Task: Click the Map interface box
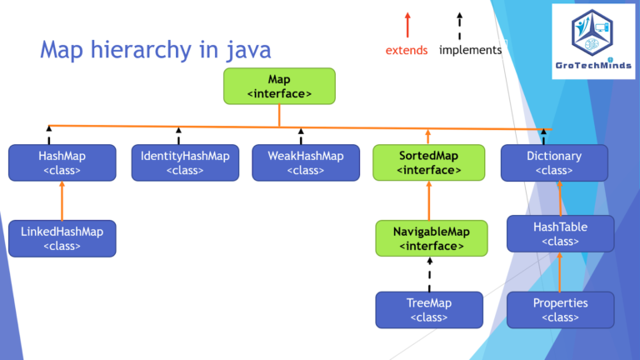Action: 279,87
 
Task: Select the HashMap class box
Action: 62,162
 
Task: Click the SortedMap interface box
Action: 428,162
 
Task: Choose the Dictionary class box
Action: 554,162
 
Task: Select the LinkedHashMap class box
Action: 62,238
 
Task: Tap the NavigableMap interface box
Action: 429,238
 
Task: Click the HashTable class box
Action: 560,233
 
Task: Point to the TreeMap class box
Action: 429,309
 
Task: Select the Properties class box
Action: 560,309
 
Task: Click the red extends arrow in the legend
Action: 407,24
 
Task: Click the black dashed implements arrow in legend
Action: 459,24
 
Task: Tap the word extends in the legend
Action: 407,50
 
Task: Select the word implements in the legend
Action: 470,50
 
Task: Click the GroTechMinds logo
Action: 592,41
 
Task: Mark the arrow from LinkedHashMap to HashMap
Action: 62,200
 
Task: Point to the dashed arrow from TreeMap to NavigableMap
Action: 429,274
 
